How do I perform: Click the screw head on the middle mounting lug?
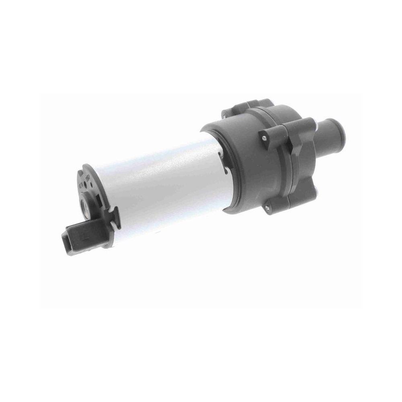pos(264,138)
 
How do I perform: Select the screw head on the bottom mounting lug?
pos(267,207)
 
